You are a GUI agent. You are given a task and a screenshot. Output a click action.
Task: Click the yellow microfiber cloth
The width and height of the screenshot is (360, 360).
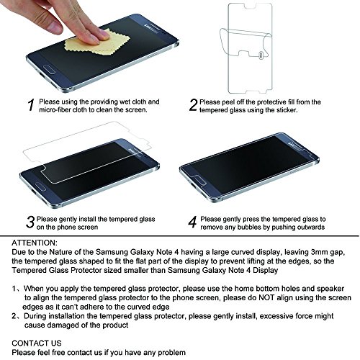[x=96, y=45]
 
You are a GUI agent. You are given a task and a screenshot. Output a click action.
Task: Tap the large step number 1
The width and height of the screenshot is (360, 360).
[x=31, y=105]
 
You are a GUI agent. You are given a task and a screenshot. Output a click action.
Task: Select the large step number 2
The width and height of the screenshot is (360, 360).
[x=193, y=105]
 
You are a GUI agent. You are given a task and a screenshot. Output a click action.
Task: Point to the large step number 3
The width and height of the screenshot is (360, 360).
[x=30, y=222]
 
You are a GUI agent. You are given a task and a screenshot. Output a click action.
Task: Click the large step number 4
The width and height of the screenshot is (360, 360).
[x=193, y=222]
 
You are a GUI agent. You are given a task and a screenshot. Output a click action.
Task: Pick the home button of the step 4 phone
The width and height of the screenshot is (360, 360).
[x=198, y=180]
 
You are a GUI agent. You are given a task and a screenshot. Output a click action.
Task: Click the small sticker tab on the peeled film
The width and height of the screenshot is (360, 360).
[x=261, y=55]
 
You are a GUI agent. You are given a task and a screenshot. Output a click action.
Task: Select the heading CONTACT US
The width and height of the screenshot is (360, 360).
[x=37, y=343]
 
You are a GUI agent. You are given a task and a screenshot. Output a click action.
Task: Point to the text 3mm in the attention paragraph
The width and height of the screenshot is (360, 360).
[x=321, y=252]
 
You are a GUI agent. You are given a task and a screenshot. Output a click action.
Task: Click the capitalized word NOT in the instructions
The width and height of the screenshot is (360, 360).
[x=266, y=298]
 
